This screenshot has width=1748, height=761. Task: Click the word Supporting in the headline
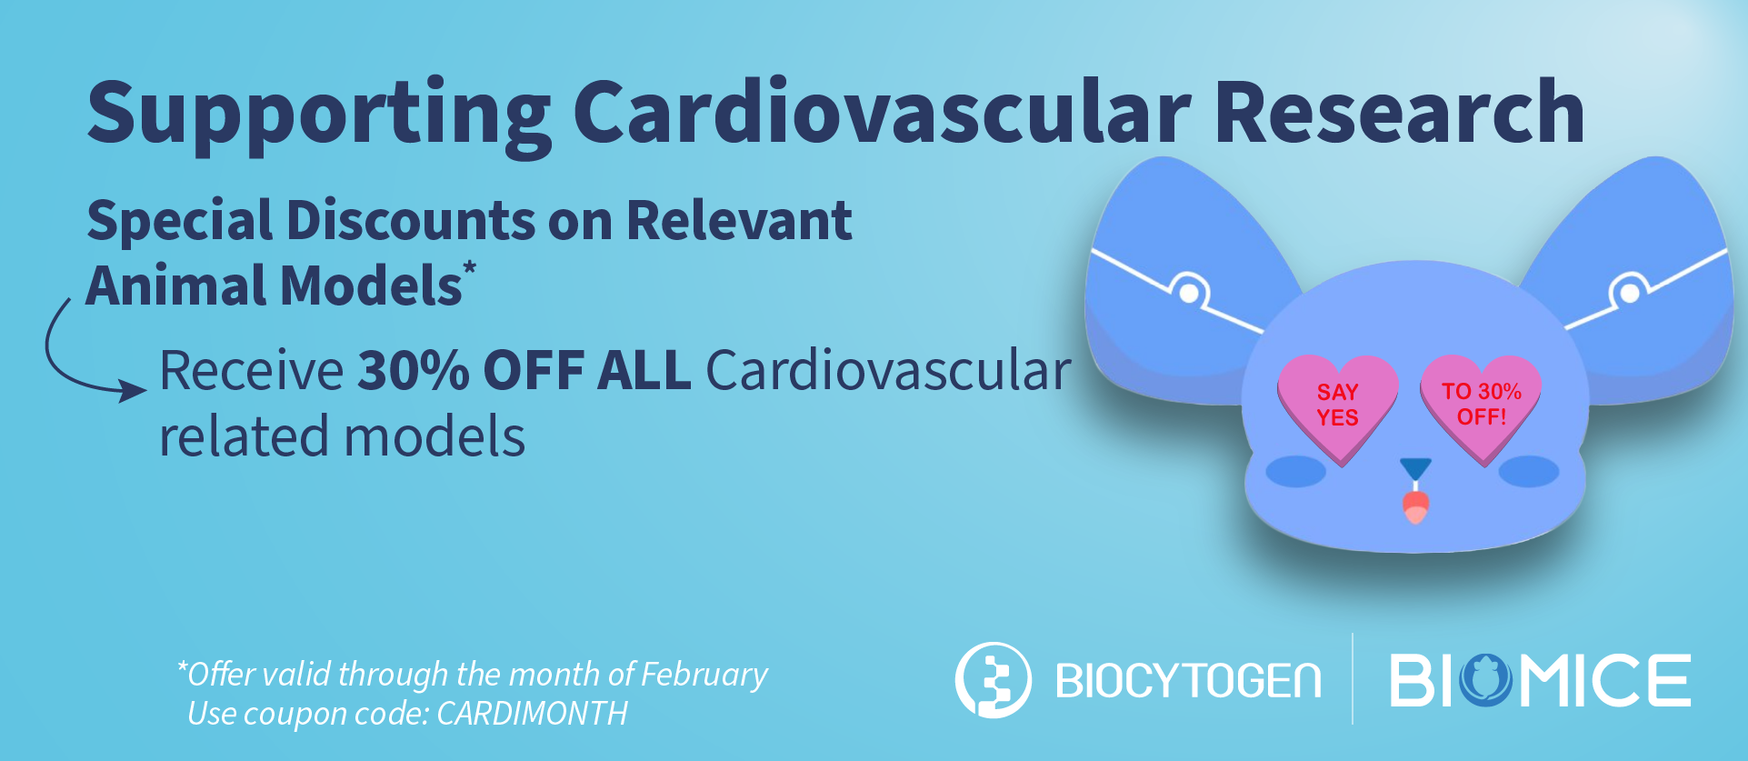318,114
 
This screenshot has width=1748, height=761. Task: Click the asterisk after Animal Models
469,269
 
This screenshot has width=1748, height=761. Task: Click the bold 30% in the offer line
413,371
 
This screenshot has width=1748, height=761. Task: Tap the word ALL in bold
644,371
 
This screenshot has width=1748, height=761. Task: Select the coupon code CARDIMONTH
532,714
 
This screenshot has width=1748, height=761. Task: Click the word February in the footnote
704,675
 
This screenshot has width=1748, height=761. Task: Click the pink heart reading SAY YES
1337,406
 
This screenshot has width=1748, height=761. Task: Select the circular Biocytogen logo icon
993,680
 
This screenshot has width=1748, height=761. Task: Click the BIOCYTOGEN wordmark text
1188,681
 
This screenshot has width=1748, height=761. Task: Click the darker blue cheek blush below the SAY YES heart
1295,471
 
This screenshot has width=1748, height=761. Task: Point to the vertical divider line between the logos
1353,678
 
